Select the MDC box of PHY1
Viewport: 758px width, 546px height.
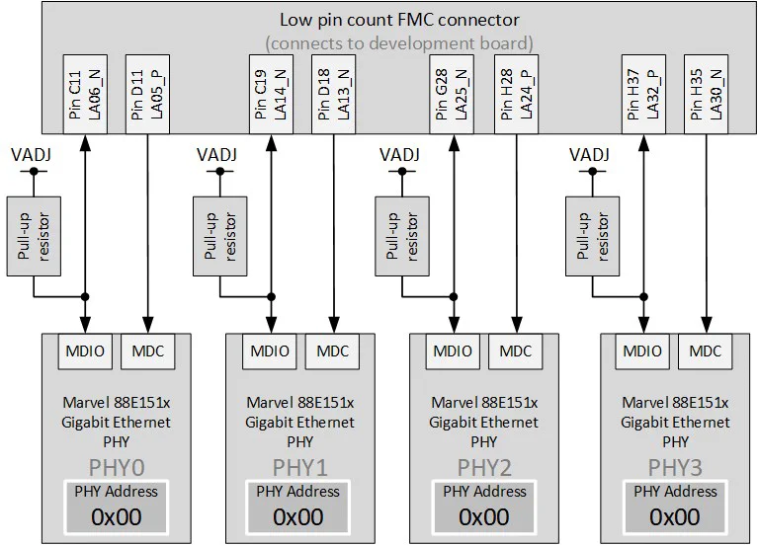[x=332, y=351]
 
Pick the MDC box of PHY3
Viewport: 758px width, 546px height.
[x=706, y=351]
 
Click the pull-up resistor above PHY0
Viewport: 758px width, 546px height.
[x=33, y=234]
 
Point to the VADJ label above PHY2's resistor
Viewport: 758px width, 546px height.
[x=400, y=154]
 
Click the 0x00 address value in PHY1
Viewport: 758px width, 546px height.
[x=297, y=516]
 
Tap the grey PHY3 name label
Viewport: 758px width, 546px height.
[x=675, y=466]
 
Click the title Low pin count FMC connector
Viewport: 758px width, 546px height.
[x=399, y=21]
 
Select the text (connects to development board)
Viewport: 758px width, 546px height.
[x=399, y=42]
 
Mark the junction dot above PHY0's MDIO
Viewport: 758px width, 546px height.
[x=87, y=296]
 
